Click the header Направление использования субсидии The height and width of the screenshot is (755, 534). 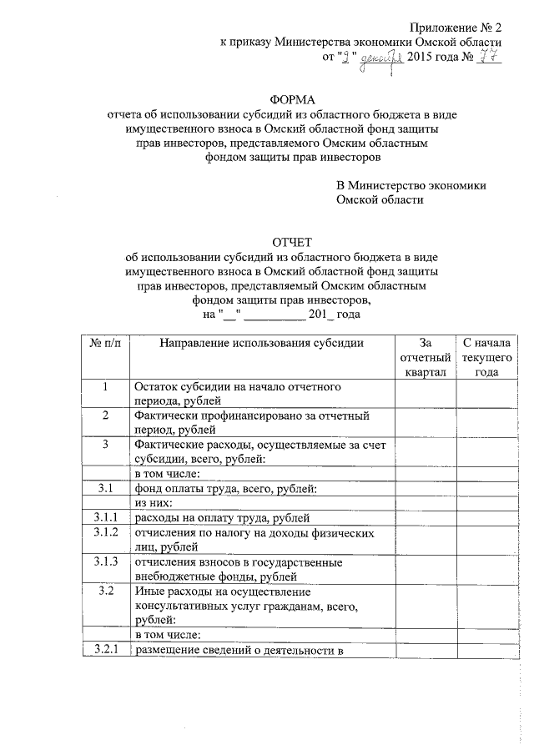tap(261, 343)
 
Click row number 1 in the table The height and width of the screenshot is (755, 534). tap(105, 387)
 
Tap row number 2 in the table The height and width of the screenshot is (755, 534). tap(105, 415)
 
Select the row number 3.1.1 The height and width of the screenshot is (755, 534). tap(105, 518)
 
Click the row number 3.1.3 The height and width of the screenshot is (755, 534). tap(105, 561)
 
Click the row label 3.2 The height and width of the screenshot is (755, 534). tap(105, 591)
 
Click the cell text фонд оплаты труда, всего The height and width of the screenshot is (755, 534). tap(220, 488)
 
